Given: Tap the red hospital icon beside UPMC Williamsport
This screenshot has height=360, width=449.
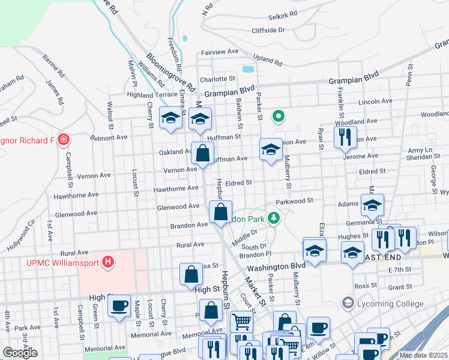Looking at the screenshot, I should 108,262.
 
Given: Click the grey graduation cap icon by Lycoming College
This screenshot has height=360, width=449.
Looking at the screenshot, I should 346,304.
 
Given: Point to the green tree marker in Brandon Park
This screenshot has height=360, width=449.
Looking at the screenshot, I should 274,218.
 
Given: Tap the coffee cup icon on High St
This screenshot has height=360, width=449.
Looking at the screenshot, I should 119,305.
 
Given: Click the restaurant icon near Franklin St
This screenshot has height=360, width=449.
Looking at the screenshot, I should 345,137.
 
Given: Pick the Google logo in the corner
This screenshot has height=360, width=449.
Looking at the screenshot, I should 20,353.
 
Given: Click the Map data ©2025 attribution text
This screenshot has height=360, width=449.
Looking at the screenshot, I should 423,355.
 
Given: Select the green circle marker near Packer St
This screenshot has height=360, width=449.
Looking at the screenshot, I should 278,116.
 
